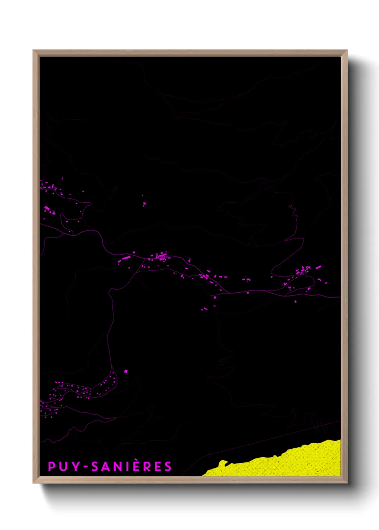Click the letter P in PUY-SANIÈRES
tap(52, 466)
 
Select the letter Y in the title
tap(73, 466)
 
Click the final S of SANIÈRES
tap(168, 466)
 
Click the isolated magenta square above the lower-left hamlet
tap(125, 371)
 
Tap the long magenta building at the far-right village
tap(318, 267)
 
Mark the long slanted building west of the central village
tap(126, 257)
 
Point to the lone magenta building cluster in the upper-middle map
tap(144, 204)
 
